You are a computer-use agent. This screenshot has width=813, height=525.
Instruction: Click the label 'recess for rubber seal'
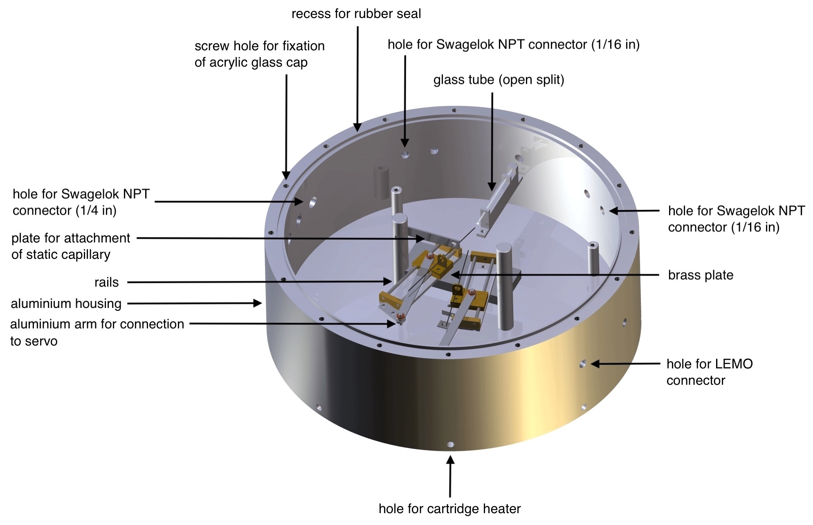tap(356, 14)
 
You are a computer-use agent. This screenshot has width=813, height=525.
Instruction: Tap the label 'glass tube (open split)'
tap(499, 80)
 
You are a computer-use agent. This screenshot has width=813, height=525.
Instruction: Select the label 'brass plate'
tap(701, 275)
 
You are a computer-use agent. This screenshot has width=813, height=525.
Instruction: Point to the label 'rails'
tap(107, 282)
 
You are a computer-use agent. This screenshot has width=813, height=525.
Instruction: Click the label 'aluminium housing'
tap(66, 304)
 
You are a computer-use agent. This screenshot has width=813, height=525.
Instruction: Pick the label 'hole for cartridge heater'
tap(449, 509)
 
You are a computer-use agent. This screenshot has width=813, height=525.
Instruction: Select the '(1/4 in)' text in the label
tap(96, 211)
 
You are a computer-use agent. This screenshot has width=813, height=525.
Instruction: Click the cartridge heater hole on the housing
tap(450, 445)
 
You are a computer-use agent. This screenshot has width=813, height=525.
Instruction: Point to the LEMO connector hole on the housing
tap(583, 363)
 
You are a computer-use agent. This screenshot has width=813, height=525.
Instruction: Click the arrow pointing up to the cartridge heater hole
tap(450, 477)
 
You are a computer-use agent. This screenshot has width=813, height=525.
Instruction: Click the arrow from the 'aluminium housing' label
tap(195, 303)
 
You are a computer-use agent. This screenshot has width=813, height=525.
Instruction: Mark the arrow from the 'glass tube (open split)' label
tap(492, 141)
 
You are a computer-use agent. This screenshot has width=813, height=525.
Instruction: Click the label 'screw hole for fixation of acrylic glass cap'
tap(260, 54)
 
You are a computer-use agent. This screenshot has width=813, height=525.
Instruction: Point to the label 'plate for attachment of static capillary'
tap(71, 246)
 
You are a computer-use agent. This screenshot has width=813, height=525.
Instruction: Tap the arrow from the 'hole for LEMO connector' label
tap(625, 363)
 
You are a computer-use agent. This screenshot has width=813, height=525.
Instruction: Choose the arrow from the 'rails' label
tap(260, 282)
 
